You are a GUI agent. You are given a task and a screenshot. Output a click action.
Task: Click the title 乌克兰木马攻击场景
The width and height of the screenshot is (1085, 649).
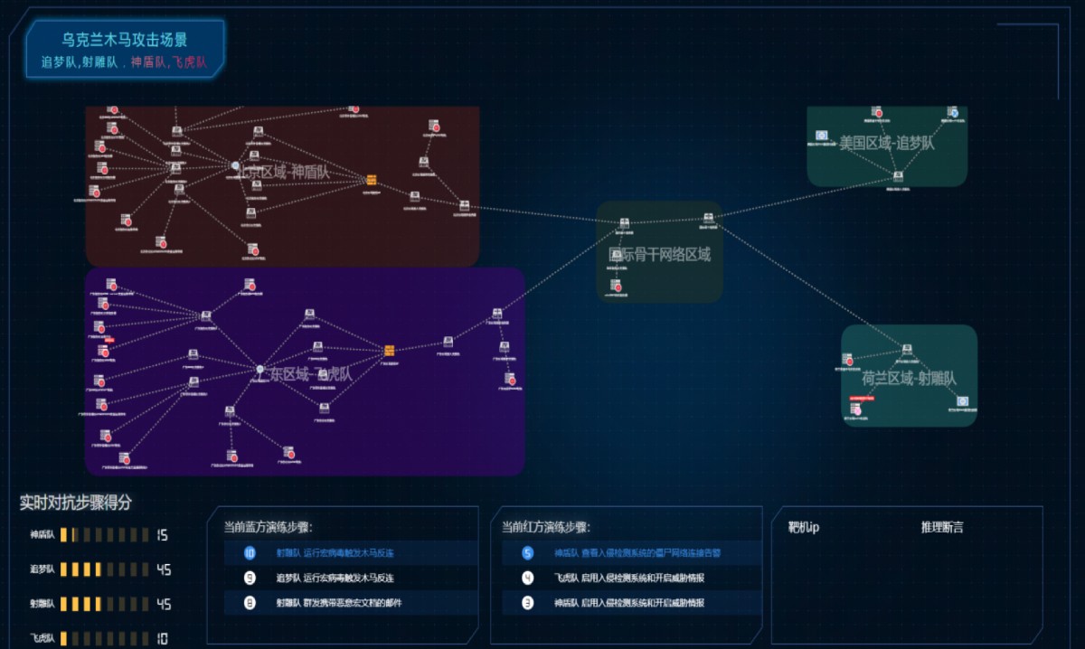coord(125,41)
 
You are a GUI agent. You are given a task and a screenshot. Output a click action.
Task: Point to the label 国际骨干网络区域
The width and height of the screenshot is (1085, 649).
coord(659,255)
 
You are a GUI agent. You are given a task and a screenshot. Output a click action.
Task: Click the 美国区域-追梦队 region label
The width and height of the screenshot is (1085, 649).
coord(886,143)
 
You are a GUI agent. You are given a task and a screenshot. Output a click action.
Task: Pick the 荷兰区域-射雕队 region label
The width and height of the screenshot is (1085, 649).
coord(909,379)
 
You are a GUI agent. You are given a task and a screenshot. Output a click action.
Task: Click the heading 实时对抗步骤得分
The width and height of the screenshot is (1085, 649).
coord(75,503)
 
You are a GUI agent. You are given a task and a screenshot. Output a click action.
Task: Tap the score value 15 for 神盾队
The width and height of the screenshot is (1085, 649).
coord(162,535)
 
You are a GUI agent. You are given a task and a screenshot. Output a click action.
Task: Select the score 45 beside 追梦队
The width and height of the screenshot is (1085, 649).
coord(163,569)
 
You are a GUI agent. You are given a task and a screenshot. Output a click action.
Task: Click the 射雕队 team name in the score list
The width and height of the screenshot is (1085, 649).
coord(42,604)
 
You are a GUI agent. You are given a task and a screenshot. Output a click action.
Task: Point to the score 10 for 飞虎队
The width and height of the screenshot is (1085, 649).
coord(161,638)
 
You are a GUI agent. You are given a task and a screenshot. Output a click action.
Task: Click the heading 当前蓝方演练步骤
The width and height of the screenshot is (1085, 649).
coord(268,527)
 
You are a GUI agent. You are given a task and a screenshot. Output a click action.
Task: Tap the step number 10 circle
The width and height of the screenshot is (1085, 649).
coord(250,553)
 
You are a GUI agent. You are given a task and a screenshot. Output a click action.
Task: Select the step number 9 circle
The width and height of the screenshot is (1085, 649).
coord(250,578)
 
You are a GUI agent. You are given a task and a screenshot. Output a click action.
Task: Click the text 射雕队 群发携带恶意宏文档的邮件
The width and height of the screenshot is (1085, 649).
coord(339,603)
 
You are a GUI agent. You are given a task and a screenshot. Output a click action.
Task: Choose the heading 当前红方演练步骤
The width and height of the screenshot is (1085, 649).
coord(545,527)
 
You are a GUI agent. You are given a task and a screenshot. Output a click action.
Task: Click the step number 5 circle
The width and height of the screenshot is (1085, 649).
coord(528,553)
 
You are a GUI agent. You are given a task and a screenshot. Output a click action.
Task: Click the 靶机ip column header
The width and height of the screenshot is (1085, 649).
coord(803,527)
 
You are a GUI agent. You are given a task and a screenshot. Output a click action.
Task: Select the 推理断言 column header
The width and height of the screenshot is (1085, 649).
coord(942,527)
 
